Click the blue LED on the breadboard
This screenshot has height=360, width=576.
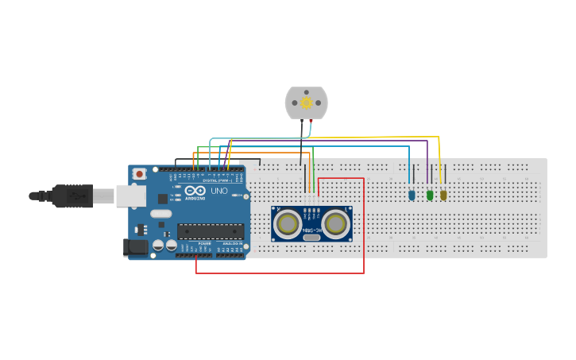click(x=412, y=195)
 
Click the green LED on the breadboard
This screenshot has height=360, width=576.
click(x=430, y=195)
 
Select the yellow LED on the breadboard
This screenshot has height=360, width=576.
click(x=443, y=195)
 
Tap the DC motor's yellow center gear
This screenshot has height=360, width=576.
click(x=306, y=103)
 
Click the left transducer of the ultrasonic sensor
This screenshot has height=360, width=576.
click(x=287, y=224)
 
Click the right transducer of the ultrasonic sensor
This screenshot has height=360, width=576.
click(x=336, y=224)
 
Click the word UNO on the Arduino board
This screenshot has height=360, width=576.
click(x=218, y=191)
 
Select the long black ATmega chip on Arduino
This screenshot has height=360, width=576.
click(x=210, y=231)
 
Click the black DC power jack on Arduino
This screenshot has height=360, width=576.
click(x=136, y=247)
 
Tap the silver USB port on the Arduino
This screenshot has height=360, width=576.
click(x=130, y=195)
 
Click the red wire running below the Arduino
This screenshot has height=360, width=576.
click(x=278, y=273)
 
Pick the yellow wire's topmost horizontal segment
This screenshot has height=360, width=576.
click(x=365, y=137)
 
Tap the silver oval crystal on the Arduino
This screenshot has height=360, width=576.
click(x=160, y=213)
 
